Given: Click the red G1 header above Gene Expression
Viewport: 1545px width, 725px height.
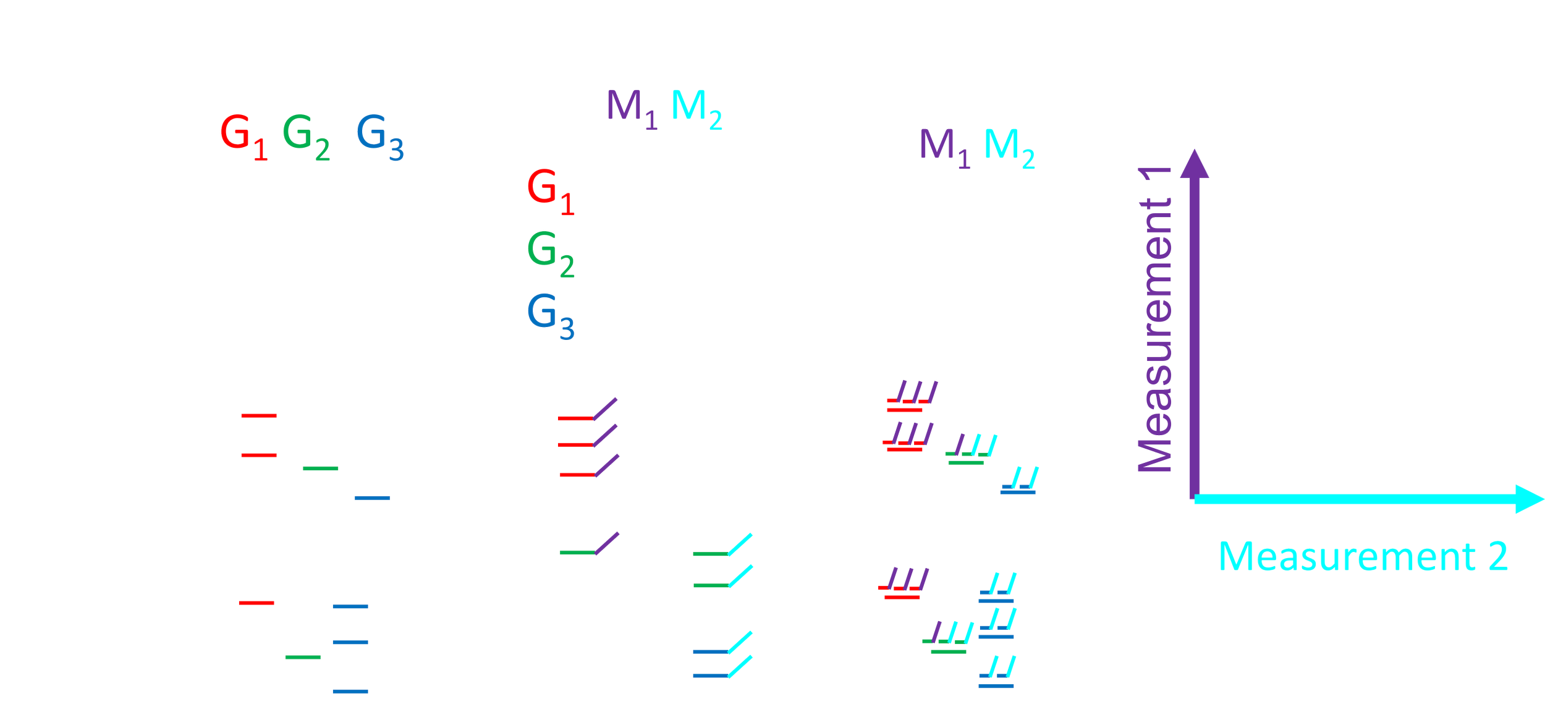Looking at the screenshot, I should tap(243, 141).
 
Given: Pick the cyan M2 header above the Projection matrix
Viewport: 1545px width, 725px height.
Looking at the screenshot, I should tap(696, 110).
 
